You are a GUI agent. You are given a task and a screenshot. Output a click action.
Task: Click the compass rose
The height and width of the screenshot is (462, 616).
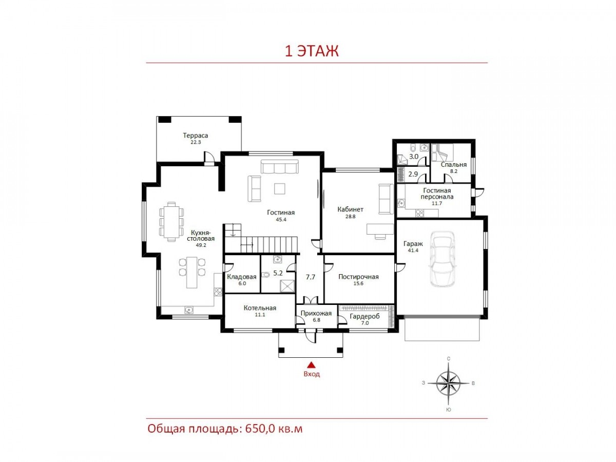pos(446,383)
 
